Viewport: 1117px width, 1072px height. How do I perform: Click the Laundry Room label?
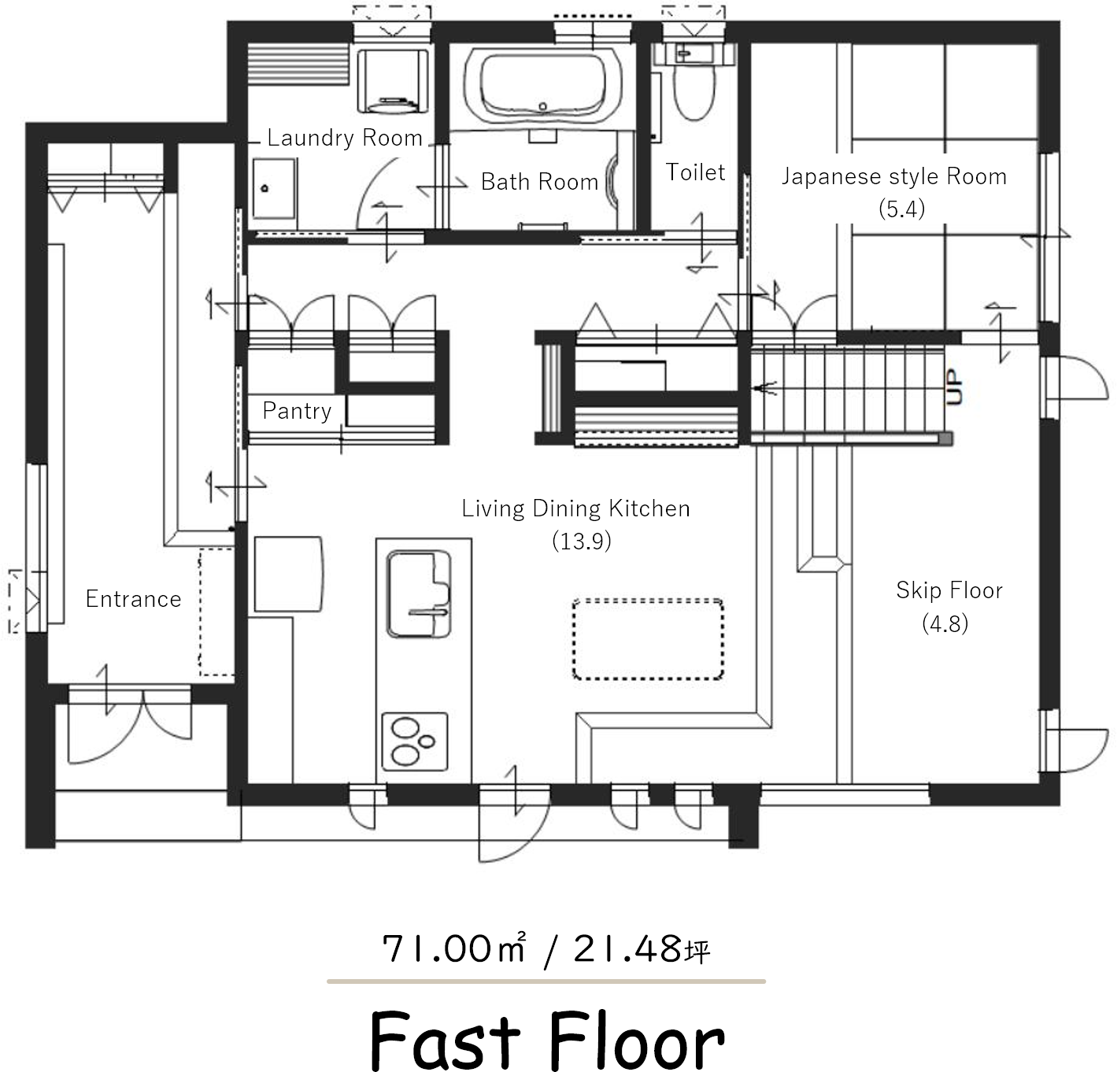tap(345, 139)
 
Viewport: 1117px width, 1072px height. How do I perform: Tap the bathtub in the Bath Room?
tap(542, 85)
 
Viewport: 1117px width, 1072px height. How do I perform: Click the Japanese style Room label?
tap(893, 177)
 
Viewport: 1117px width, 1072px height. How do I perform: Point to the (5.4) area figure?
tap(901, 209)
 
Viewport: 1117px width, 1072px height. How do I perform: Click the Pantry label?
tap(297, 411)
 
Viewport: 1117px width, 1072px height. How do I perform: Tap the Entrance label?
tap(133, 599)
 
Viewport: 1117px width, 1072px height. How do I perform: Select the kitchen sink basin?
tap(419, 594)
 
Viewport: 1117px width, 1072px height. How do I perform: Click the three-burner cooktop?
tap(414, 741)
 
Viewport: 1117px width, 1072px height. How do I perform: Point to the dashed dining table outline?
tap(648, 639)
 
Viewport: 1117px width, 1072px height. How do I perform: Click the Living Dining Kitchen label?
tap(575, 509)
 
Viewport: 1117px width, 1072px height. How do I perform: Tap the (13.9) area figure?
tap(582, 542)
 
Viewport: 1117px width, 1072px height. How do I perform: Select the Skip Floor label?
tap(949, 590)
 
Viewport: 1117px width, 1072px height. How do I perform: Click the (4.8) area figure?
tap(945, 623)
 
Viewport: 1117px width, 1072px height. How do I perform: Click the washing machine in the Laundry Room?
tap(393, 81)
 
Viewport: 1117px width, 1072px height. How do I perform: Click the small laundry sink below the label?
tap(275, 189)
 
